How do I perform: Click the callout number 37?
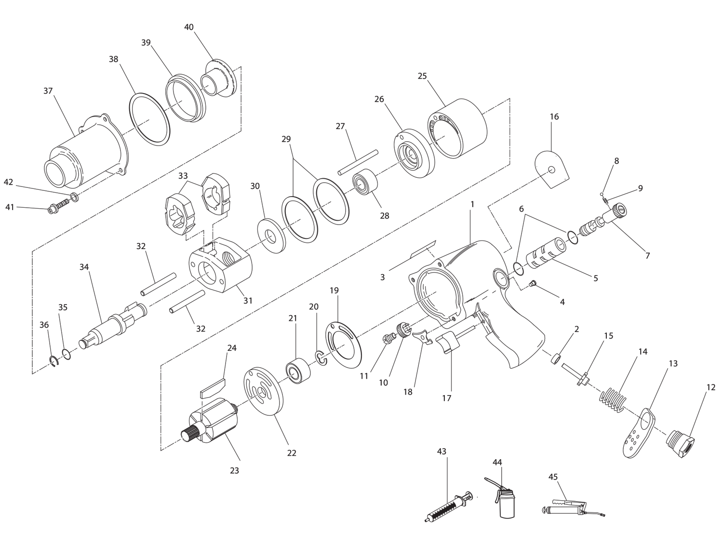coord(48,91)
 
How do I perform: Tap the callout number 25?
coord(422,76)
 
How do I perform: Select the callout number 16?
coord(554,117)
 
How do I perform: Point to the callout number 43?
coord(442,452)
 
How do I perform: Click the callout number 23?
coord(234,471)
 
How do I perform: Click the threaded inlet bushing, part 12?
coord(681,442)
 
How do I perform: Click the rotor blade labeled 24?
coord(212,387)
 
